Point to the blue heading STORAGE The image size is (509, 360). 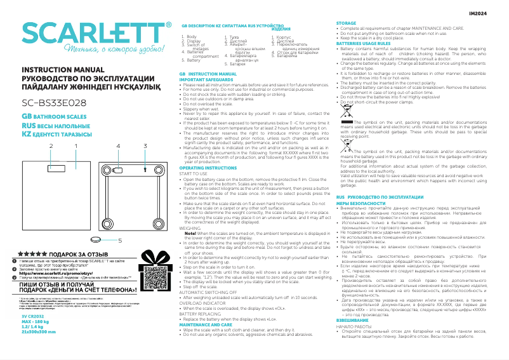(x=346, y=22)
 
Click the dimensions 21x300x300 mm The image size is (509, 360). (x=38, y=331)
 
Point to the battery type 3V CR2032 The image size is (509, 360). (x=34, y=316)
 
